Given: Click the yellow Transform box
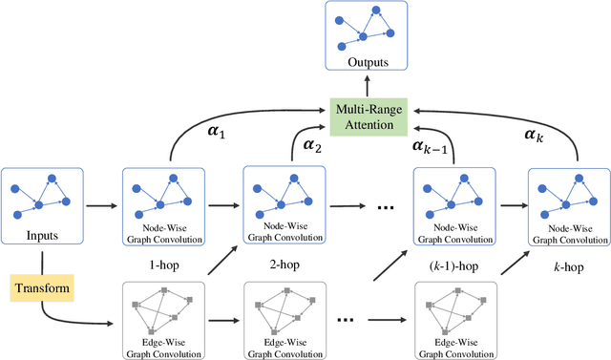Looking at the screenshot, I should tap(42, 286).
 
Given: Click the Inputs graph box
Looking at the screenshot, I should tap(42, 203).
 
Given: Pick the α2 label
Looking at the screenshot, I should tap(313, 145).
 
